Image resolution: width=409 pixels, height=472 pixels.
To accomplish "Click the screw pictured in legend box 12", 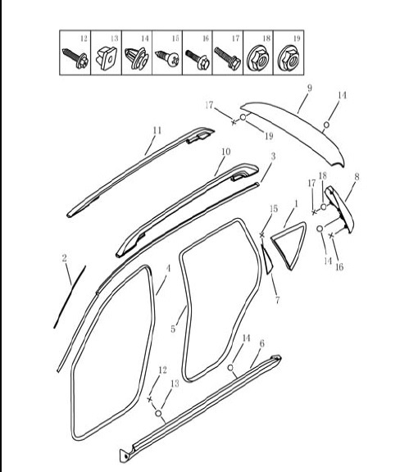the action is pos(75,58).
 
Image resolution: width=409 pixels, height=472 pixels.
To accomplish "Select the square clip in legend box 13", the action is pos(107,58).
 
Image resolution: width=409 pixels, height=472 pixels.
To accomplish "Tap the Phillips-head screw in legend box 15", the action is pos(167,58).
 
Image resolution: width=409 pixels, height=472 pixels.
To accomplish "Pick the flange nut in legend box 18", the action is pos(258,60).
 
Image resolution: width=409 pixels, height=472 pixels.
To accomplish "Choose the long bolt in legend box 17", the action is pos(227,59).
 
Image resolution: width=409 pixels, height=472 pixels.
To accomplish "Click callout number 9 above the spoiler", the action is pos(309,88).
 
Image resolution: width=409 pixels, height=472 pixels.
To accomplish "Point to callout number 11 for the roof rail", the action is pos(157,130).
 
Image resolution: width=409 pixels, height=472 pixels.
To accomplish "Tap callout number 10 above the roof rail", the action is pos(226,152).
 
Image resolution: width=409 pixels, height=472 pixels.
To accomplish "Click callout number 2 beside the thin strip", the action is pos(64,258).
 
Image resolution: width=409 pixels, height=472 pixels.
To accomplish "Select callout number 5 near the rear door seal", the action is pos(173,329).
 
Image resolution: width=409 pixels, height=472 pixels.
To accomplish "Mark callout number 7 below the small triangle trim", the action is pos(277,300).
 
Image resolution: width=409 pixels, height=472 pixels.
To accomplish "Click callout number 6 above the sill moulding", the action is pos(261,343).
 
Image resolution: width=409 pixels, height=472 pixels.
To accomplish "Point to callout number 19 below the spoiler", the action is pos(269,136).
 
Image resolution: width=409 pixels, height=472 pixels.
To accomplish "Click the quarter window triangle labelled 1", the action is pos(289,245).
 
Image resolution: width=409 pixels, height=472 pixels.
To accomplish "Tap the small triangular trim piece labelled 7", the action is pos(266,258).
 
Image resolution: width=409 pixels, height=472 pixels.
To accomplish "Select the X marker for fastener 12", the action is pos(150,399).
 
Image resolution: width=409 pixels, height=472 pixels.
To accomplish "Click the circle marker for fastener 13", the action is pos(158,413).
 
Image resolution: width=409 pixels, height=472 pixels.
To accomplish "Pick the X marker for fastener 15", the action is pos(262,234).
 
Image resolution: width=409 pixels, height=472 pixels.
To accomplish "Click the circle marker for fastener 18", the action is pos(323,206).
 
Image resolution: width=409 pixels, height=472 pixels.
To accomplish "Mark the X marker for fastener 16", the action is pos(331,235).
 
